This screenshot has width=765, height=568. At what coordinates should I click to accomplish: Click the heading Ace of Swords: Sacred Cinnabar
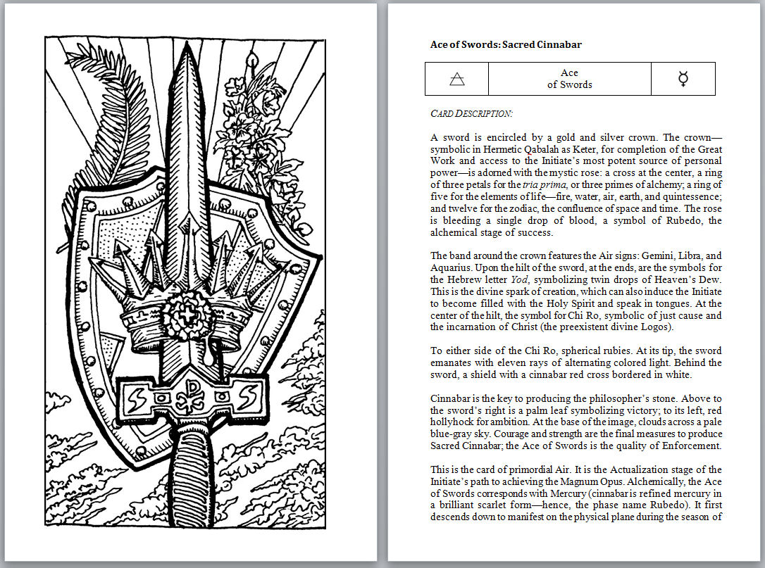tap(506, 44)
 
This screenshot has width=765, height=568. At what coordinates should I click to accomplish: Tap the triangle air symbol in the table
tap(456, 79)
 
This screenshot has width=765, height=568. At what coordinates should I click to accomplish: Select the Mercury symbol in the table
tap(683, 79)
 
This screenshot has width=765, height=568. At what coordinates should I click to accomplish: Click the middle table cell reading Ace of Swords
tap(569, 79)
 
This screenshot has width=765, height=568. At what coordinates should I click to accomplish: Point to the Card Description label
tap(471, 113)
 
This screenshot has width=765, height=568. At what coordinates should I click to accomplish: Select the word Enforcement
tap(692, 446)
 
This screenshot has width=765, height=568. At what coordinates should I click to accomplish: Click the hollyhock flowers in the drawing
tap(254, 120)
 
